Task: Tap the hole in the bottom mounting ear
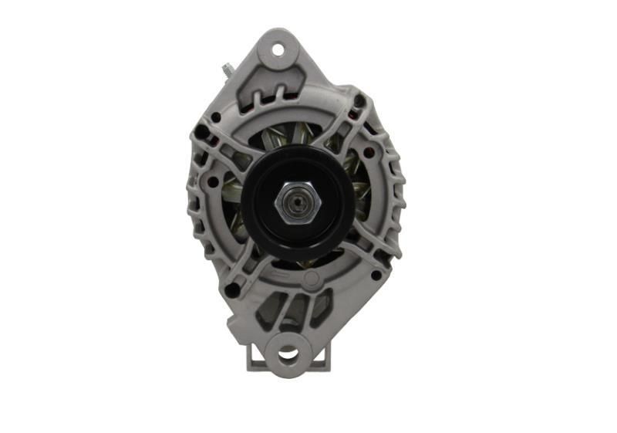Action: click(287, 354)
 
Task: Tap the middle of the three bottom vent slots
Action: click(292, 309)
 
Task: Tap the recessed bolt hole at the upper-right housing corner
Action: click(359, 102)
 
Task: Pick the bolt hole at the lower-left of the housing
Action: click(231, 289)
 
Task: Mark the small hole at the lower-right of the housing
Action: click(375, 274)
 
